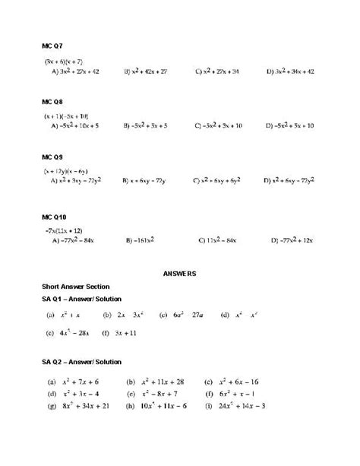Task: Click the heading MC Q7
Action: [x=52, y=46]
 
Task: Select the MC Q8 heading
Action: [x=52, y=101]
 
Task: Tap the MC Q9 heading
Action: [x=52, y=157]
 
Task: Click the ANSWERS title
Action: [x=179, y=272]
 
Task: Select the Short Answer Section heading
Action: [x=76, y=287]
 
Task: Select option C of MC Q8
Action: [x=219, y=126]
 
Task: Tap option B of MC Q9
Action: [x=145, y=181]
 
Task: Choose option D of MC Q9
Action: [x=289, y=181]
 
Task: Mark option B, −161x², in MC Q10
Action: [x=141, y=240]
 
